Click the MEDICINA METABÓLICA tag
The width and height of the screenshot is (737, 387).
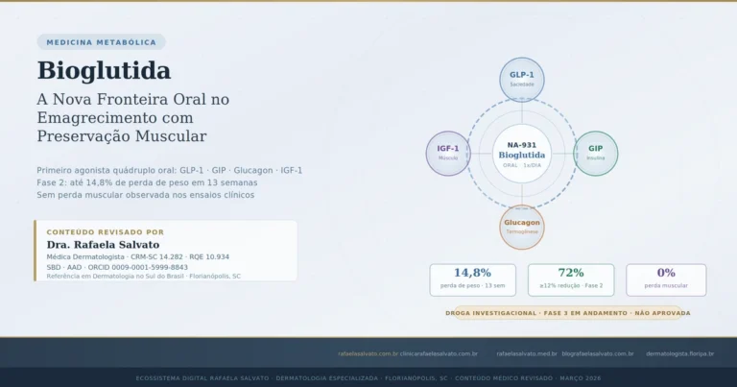[x=101, y=42]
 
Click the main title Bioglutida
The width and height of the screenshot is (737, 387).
[x=104, y=71]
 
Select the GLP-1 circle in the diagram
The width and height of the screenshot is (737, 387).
[x=521, y=79]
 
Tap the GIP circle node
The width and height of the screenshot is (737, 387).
[x=596, y=153]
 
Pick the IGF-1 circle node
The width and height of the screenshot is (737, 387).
[x=447, y=153]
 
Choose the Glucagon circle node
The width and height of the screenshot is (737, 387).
[x=521, y=227]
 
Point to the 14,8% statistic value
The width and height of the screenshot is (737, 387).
[x=472, y=273]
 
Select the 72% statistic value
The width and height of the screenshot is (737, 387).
[x=570, y=273]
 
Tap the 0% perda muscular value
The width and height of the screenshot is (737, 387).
[x=666, y=273]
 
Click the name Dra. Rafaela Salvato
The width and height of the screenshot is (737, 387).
[x=103, y=245]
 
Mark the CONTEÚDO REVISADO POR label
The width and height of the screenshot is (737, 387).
[x=105, y=231]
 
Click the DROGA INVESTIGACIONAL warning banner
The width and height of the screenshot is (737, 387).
[x=568, y=313]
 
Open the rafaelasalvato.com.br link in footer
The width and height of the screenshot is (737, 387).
[x=367, y=353]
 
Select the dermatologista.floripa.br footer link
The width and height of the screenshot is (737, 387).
[x=679, y=353]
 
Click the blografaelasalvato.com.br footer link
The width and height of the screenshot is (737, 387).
[x=597, y=353]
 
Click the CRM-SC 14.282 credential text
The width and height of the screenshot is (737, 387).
[x=155, y=257]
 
